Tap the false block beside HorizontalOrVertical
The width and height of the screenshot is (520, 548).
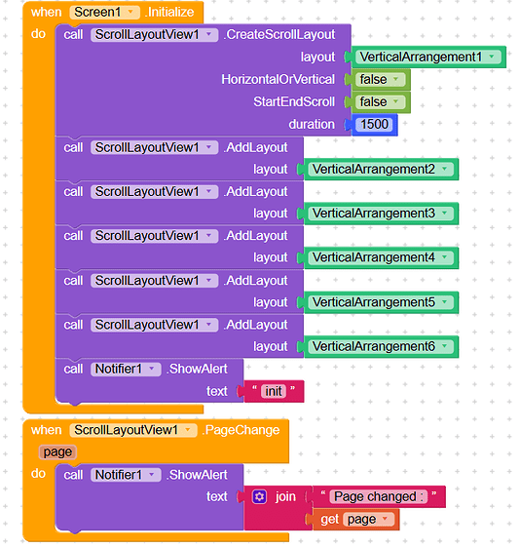(x=378, y=80)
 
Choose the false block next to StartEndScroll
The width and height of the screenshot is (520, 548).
(x=378, y=102)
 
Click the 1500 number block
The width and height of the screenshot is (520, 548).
(x=375, y=125)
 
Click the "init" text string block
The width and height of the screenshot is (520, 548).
(x=274, y=392)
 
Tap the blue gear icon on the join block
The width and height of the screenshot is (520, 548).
(x=259, y=497)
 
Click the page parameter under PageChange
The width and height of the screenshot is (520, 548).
(x=57, y=452)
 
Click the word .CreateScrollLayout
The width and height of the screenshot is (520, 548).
(x=279, y=35)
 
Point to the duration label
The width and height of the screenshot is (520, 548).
(x=312, y=125)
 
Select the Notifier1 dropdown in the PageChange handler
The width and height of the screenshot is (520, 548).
(x=127, y=475)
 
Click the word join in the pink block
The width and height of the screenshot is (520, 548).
(x=285, y=497)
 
